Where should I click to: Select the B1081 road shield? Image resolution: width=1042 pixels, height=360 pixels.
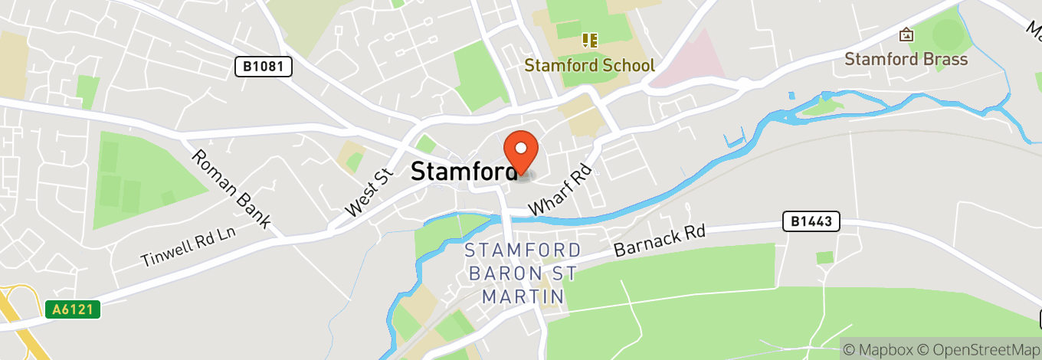(263, 67)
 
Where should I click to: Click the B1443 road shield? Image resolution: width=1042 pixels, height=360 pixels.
(811, 222)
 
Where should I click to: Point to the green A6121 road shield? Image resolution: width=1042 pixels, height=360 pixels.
(73, 310)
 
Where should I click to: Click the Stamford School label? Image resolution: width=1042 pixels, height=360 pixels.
(589, 65)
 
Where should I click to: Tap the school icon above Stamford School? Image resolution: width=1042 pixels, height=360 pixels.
(589, 40)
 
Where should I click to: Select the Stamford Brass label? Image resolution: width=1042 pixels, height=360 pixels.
(906, 59)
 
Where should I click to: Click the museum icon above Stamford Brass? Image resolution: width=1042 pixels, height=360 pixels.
(906, 34)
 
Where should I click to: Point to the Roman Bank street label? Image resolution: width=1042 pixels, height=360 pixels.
(231, 188)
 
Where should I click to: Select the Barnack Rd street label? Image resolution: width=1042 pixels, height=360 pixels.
(659, 241)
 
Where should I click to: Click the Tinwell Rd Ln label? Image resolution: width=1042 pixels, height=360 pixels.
(186, 247)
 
